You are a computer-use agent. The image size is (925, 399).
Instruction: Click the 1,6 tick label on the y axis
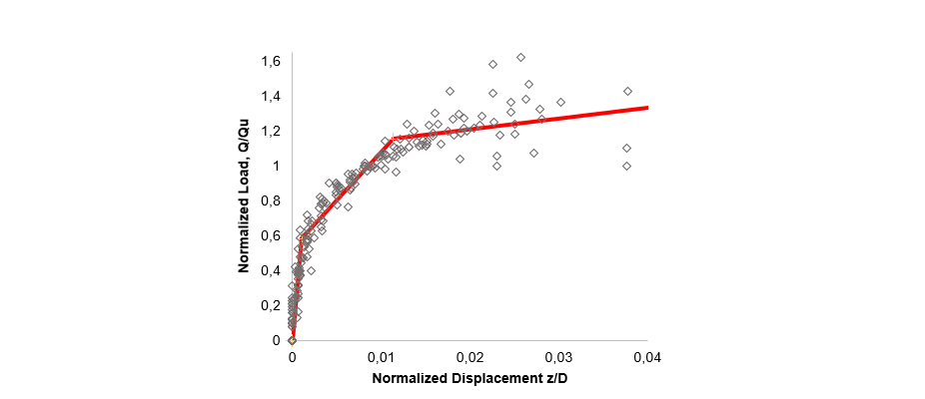(271, 62)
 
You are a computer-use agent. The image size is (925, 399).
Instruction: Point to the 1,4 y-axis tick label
(271, 97)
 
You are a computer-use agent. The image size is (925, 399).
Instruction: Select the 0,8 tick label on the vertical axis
(271, 200)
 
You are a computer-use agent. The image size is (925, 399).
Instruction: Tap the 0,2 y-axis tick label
(271, 305)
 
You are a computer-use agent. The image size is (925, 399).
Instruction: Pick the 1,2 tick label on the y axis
(271, 132)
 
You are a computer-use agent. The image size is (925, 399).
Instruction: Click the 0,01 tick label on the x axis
(381, 357)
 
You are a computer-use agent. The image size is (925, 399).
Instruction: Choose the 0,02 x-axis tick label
(469, 357)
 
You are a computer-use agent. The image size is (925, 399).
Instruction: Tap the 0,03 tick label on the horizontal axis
(558, 357)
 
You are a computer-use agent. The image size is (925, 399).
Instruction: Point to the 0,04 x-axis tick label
(647, 357)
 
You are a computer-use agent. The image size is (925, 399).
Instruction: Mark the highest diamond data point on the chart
(520, 57)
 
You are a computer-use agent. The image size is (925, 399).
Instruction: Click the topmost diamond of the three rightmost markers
(627, 91)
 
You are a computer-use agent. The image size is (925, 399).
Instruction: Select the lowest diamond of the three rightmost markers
(626, 166)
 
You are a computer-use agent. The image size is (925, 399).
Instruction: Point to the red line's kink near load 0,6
(302, 235)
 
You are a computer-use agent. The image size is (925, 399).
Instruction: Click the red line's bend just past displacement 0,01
(396, 138)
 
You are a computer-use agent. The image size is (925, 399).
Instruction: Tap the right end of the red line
(648, 107)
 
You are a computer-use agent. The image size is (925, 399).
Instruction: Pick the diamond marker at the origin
(292, 340)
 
